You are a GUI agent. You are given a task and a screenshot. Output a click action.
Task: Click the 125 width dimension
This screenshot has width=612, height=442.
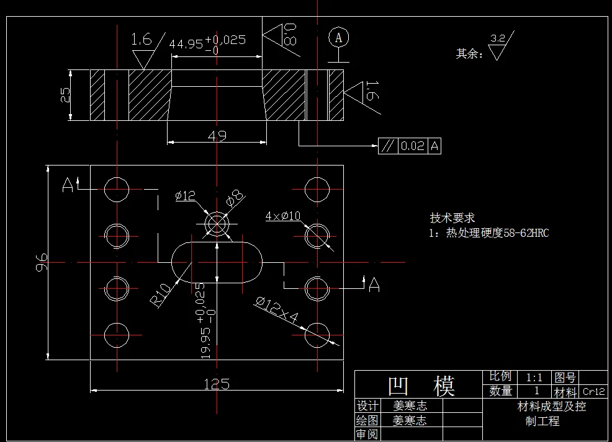coord(216,384)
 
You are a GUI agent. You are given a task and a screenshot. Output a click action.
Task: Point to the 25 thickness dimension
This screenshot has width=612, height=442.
coord(65,95)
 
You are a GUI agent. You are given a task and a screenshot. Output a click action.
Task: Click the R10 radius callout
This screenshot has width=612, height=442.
coord(161,294)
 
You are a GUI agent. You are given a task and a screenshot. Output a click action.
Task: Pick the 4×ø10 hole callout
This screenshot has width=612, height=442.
coord(283,216)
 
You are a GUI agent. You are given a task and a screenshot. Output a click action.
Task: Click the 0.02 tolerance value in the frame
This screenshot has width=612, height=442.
coord(412,146)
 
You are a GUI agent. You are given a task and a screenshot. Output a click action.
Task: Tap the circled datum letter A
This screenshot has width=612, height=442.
coord(338,37)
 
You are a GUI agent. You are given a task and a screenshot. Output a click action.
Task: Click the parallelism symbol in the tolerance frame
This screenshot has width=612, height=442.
coord(387,146)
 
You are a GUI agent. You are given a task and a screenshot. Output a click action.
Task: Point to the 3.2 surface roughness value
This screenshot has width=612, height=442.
coord(497,38)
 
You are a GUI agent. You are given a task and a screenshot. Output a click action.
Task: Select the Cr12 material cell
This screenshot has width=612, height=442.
coord(594,392)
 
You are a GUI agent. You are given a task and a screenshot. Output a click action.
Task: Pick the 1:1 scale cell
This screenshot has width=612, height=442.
coord(534,377)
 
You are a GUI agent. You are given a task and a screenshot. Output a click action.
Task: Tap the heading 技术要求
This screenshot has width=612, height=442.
coord(452,218)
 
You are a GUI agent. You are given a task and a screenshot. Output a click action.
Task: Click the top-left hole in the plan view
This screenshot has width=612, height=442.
coord(116,188)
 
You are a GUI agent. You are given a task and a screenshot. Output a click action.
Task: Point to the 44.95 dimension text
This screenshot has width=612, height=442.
coord(186,44)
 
